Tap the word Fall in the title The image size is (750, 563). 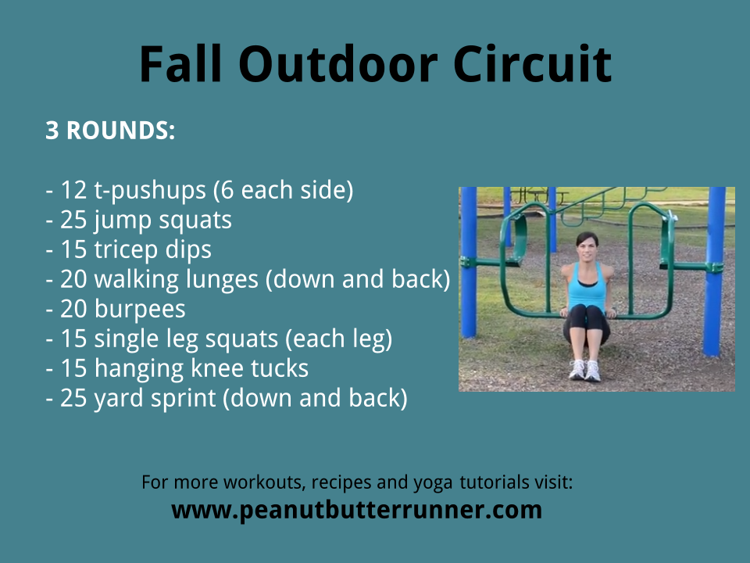click(x=180, y=63)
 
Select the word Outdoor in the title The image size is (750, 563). click(x=337, y=63)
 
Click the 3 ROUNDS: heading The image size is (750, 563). click(x=110, y=131)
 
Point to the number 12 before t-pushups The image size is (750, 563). click(x=73, y=190)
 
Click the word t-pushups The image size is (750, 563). click(x=150, y=191)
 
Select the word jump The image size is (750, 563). click(x=122, y=221)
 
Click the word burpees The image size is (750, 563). click(x=140, y=310)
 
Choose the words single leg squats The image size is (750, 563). click(x=186, y=339)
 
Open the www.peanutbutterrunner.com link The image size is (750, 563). click(x=357, y=510)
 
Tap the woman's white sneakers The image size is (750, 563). click(x=584, y=370)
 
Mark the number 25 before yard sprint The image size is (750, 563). click(x=73, y=398)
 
